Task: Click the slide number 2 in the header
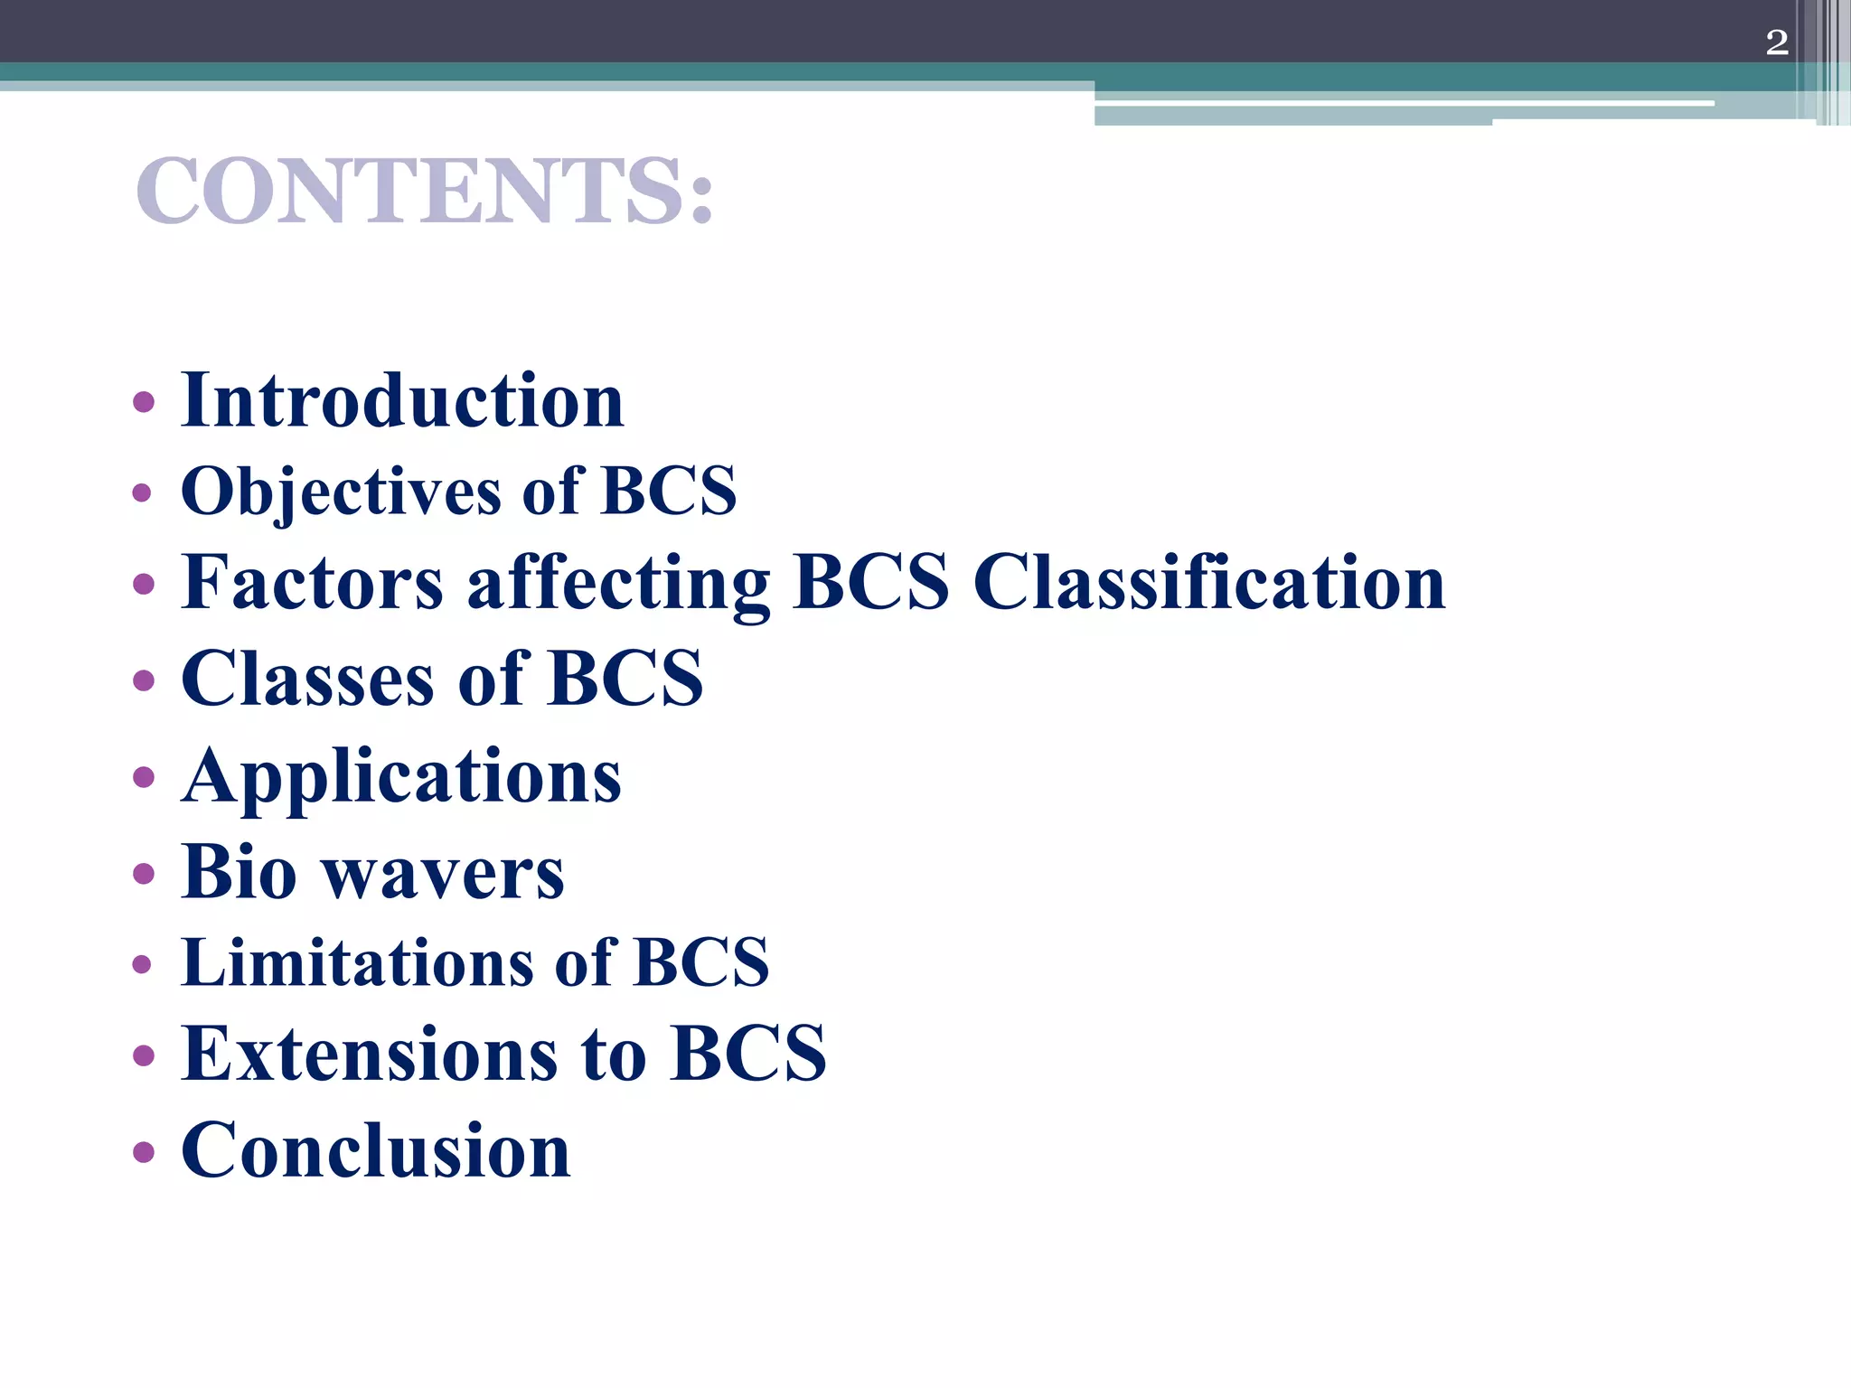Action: click(x=1776, y=42)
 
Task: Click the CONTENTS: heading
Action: click(x=425, y=191)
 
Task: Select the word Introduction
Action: click(x=402, y=400)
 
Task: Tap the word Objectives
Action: click(x=341, y=492)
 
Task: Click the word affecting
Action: click(x=618, y=584)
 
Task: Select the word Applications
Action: click(x=401, y=777)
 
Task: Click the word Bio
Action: click(x=239, y=872)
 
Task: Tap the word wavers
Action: click(x=444, y=875)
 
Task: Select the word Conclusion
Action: click(x=376, y=1149)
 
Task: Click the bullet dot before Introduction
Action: click(x=143, y=401)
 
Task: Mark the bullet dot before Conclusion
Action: click(x=143, y=1151)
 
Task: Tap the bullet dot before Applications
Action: click(x=143, y=777)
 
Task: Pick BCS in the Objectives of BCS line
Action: click(x=669, y=492)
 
